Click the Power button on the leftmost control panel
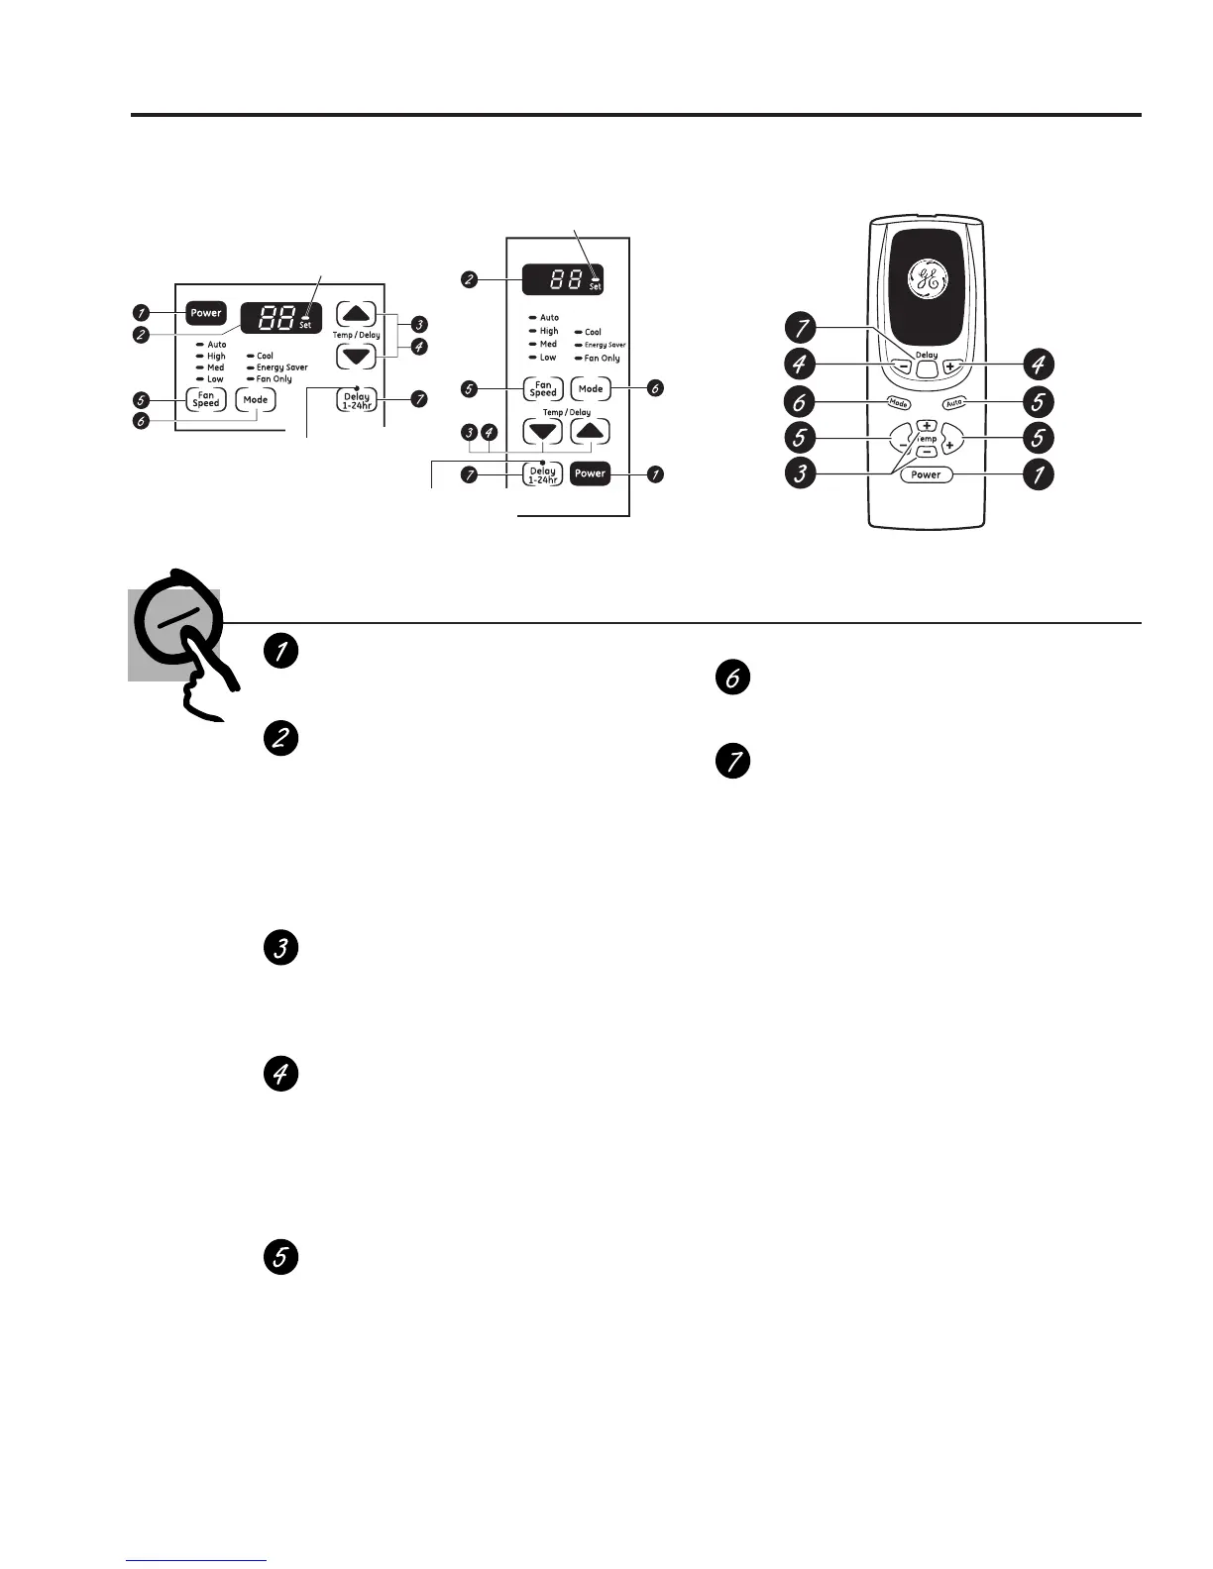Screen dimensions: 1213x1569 coord(206,313)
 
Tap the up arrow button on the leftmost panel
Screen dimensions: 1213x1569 coord(357,315)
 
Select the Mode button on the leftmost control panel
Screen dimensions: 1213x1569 coord(256,400)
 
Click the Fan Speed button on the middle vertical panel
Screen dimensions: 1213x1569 coord(543,389)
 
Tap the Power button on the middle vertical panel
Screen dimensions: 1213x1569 coord(590,473)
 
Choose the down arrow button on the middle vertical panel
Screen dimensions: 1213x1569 coord(543,432)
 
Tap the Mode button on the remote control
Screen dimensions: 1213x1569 coord(898,403)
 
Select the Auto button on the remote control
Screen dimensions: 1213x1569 coord(954,403)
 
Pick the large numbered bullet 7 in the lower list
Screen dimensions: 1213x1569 coord(732,763)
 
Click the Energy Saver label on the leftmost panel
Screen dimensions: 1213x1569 coord(281,367)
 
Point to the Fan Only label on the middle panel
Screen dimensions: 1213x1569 coord(602,358)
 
